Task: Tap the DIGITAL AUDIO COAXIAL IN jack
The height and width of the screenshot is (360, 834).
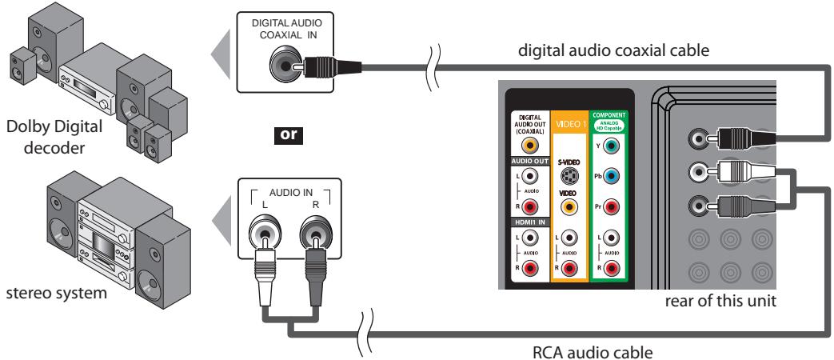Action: pos(284,62)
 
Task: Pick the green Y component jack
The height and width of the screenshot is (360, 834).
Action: pos(611,146)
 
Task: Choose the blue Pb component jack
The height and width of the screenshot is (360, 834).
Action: pos(611,176)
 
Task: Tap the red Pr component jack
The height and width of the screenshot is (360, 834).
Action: pos(611,206)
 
